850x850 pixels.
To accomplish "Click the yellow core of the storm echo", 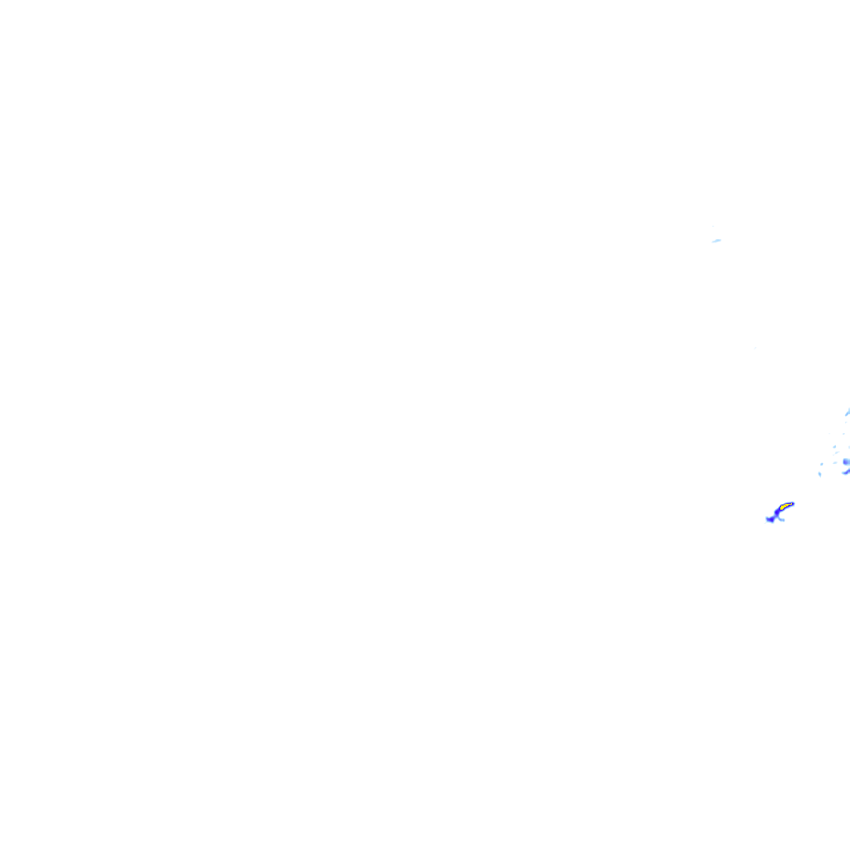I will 783,507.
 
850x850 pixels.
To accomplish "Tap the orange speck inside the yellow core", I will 786,506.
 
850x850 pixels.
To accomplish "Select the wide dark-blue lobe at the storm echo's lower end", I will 770,520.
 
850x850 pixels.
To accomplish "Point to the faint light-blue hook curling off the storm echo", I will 782,520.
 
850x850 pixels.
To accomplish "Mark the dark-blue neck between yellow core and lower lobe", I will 777,512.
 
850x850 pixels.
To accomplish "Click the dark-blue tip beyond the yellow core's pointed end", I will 793,504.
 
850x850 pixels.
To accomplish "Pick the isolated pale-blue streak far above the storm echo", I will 716,241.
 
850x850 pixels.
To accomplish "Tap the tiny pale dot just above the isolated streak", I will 712,227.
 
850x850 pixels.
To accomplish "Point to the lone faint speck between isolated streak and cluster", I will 755,348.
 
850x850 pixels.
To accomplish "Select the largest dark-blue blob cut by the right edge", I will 847,462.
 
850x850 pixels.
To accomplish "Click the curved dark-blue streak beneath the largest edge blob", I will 847,472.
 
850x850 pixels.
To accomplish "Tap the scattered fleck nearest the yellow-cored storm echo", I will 820,474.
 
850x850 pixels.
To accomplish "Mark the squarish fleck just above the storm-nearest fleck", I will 822,464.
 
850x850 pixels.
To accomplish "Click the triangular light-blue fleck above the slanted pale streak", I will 834,447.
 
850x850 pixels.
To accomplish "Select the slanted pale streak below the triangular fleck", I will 837,452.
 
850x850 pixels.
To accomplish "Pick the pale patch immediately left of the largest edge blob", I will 835,462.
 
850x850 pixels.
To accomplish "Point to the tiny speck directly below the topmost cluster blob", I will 846,423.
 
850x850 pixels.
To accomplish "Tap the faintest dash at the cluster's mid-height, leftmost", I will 829,433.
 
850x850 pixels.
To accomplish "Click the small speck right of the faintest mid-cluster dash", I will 843,434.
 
